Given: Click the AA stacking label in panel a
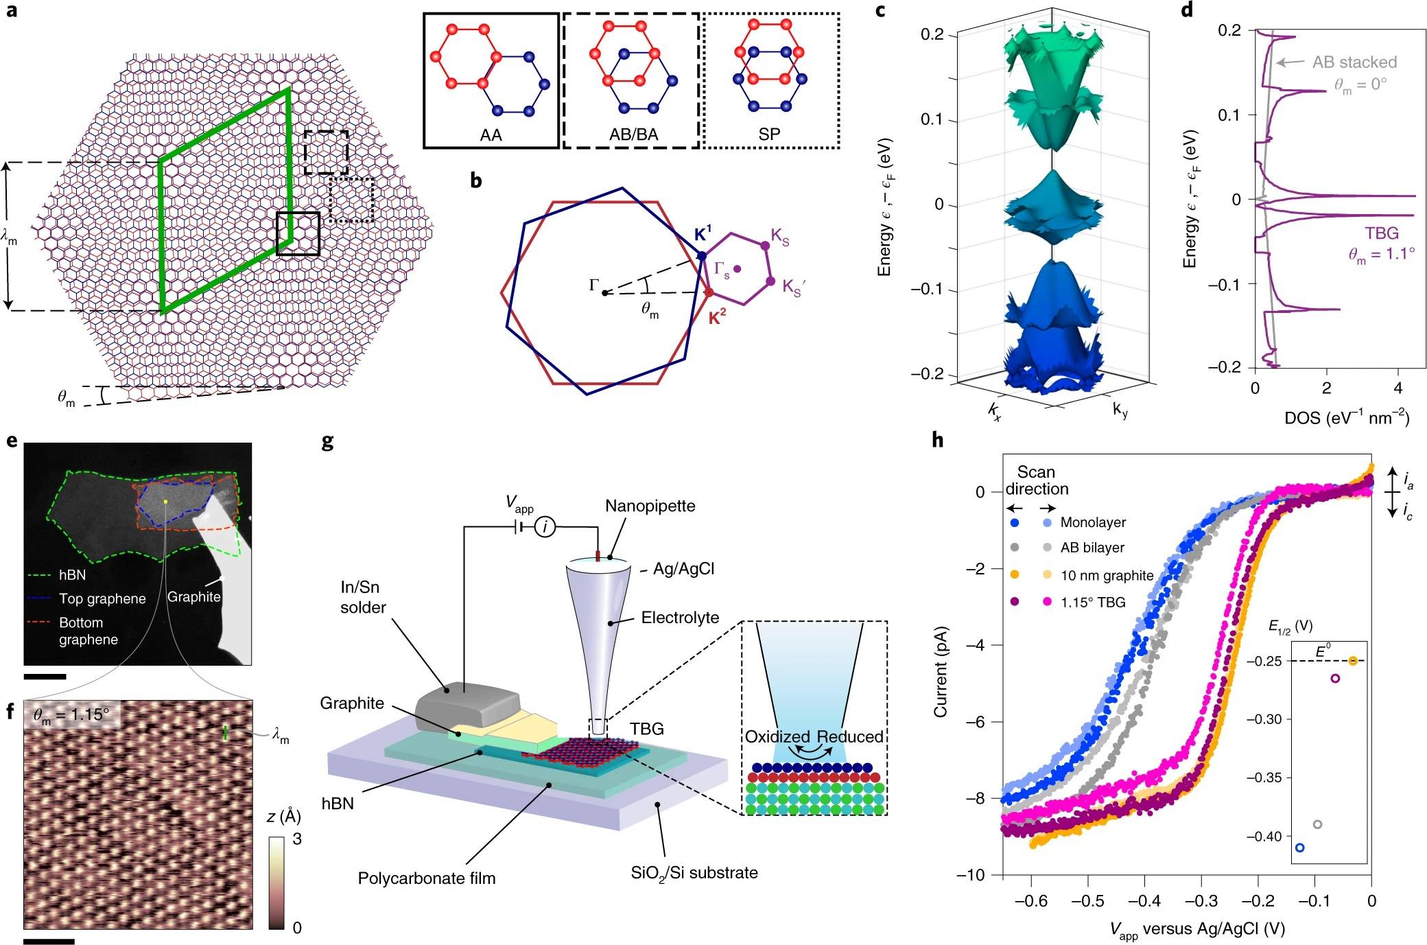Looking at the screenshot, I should click(x=491, y=135).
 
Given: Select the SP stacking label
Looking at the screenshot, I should click(x=769, y=135).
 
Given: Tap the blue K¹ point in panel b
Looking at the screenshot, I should click(x=702, y=255).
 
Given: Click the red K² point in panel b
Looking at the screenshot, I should click(x=709, y=293).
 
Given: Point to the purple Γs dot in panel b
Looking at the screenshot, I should click(x=738, y=269).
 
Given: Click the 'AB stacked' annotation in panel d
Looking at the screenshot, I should click(x=1354, y=62).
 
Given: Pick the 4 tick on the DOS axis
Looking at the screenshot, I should click(x=1398, y=388).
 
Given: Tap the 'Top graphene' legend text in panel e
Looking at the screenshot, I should click(x=102, y=598).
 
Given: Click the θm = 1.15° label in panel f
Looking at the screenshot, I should click(x=71, y=714).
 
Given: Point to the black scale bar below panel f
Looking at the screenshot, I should click(x=49, y=941).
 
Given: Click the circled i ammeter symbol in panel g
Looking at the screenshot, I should click(x=545, y=527).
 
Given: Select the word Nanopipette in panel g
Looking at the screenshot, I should click(x=650, y=506).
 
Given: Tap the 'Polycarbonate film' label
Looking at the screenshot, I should click(x=426, y=878).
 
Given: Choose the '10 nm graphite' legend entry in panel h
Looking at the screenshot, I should click(x=1107, y=575).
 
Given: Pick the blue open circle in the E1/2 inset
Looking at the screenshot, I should click(x=1299, y=848).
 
